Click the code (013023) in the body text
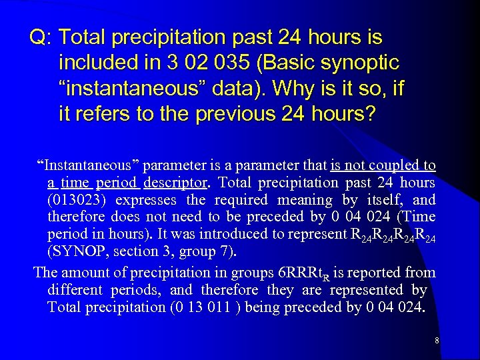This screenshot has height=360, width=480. tap(79, 200)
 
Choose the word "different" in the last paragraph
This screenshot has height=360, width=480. tap(72, 290)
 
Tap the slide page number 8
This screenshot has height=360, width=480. tap(436, 341)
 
